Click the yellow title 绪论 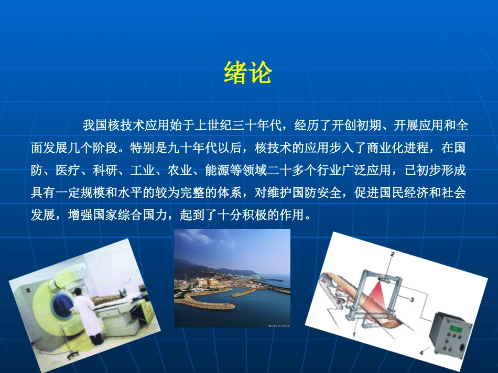[x=247, y=73]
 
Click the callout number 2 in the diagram [x=391, y=255]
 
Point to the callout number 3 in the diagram [x=413, y=300]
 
